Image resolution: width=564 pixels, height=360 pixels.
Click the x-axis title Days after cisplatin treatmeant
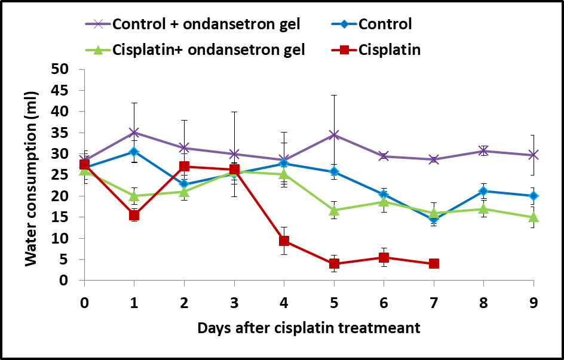309,327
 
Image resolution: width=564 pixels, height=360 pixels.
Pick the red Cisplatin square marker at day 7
434,263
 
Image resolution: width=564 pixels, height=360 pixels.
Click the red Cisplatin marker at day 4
284,241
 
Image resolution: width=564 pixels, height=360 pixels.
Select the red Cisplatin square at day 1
134,215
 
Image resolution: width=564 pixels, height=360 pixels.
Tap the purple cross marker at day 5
334,135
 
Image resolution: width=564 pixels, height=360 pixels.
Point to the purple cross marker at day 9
534,155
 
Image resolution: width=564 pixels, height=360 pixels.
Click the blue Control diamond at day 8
483,191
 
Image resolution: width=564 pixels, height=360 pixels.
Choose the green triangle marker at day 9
534,217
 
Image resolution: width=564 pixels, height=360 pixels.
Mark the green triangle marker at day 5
334,210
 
